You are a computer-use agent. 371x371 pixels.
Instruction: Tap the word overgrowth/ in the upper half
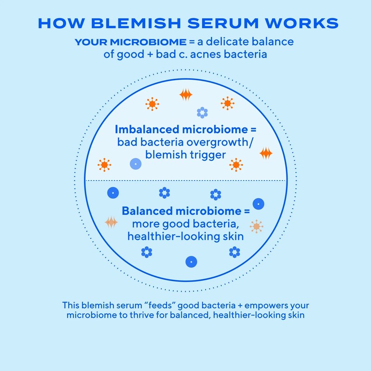pos(222,142)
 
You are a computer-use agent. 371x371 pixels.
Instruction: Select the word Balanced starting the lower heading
pos(147,211)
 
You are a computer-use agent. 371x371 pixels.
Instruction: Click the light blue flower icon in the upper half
pos(202,112)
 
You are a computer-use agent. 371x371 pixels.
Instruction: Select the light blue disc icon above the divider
pos(135,164)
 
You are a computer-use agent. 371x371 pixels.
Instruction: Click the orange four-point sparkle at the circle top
pos(186,95)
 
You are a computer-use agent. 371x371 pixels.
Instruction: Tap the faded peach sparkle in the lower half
pos(111,223)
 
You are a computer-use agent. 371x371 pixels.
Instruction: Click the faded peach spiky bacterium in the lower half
pos(256,226)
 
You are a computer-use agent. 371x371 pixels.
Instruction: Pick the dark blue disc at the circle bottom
pos(189,262)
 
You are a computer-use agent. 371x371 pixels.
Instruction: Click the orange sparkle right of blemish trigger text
pos(266,154)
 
